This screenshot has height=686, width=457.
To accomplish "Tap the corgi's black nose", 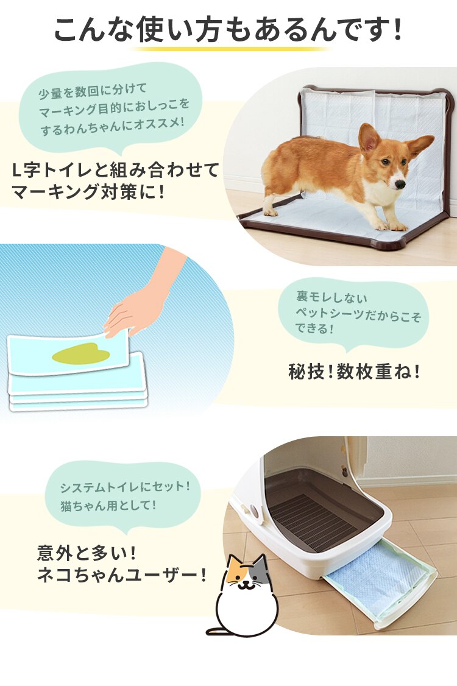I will (x=399, y=183).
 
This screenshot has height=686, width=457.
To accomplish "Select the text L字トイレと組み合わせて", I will (x=116, y=170).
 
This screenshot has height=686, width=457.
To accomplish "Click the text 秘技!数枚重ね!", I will (x=354, y=372).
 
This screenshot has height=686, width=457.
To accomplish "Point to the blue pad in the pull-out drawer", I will (x=378, y=576).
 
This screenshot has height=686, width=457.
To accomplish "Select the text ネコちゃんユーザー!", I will (x=122, y=575).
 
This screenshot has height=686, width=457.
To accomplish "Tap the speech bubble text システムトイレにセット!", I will (x=125, y=487).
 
